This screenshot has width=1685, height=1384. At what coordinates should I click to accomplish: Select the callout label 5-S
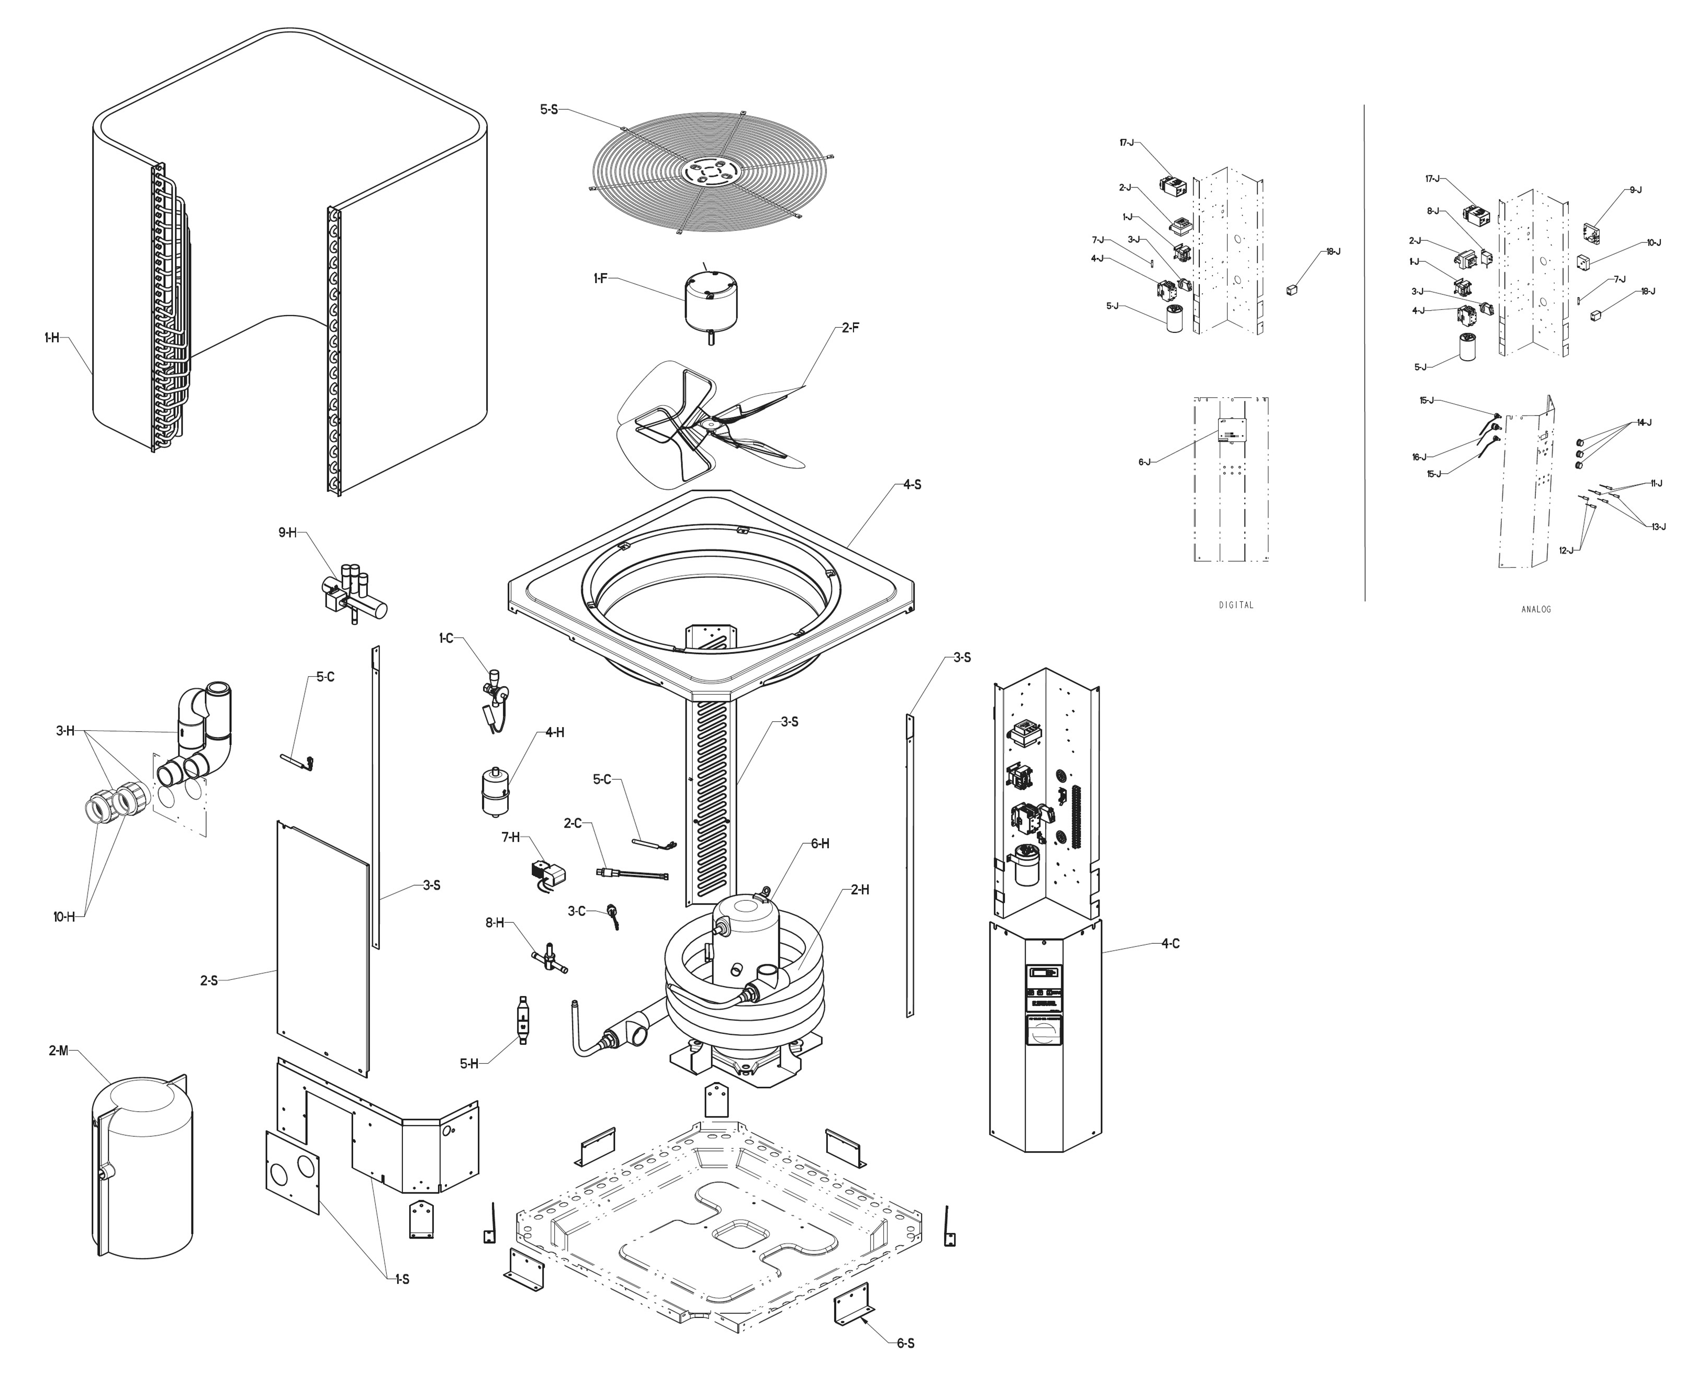tap(549, 109)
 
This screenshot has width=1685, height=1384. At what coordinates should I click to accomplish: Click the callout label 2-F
tap(850, 328)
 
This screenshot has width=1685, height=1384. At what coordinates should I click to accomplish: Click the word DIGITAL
tap(1236, 605)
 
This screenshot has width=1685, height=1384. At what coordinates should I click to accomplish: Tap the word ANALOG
tap(1536, 609)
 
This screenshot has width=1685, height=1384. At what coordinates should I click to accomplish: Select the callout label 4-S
tap(912, 485)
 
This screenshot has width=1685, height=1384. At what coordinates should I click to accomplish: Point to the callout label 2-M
tap(58, 1051)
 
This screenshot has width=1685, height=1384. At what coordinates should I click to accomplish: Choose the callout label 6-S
tap(905, 1343)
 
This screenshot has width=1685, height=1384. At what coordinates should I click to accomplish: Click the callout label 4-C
tap(1170, 943)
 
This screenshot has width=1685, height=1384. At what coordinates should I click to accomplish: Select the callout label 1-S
tap(402, 1279)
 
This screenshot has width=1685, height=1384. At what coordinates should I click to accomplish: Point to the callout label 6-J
tap(1144, 462)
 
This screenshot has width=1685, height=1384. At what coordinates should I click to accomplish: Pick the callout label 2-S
tap(209, 980)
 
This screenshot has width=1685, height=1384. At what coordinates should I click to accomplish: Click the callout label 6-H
tap(820, 843)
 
